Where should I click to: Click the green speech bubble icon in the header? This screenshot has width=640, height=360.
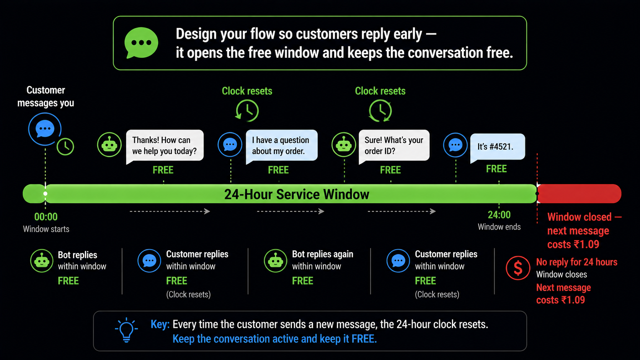pos(141,43)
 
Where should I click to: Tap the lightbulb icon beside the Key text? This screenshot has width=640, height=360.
pos(126,330)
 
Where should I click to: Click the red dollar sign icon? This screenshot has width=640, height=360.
pos(518,268)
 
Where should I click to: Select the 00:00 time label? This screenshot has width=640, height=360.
pos(46,217)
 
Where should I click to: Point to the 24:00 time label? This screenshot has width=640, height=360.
pos(499,215)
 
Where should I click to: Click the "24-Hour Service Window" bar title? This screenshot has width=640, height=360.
pos(297,194)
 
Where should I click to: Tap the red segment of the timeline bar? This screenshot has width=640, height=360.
pos(579,194)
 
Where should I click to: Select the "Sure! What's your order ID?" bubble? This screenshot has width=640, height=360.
pos(394,146)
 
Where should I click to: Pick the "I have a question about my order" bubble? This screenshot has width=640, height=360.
pos(281,146)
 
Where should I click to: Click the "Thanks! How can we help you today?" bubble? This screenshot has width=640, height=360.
pos(165,146)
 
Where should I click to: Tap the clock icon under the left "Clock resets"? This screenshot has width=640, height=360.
pos(247,111)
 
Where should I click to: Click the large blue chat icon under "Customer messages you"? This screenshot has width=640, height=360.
pos(45,129)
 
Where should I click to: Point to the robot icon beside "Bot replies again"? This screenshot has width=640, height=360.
pos(275,261)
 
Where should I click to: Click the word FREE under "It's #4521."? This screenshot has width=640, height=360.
pos(496,169)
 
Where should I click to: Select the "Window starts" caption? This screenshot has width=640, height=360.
pos(46,229)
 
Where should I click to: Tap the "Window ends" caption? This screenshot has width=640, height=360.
pos(499,227)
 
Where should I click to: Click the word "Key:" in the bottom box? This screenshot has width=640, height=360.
pos(160,324)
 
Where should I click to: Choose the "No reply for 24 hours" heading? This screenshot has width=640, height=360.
pos(576,262)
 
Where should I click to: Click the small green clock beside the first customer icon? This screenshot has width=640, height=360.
pos(65,147)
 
